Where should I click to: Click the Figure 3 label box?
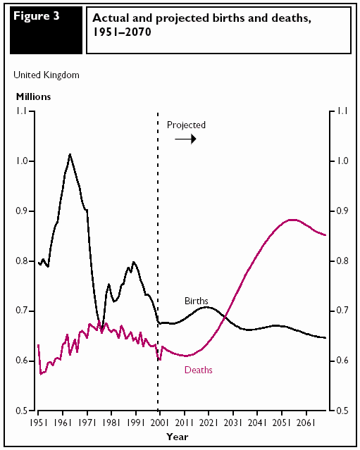[x=46, y=30]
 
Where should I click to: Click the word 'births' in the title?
[x=228, y=18]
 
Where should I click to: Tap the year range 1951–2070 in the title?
[x=122, y=32]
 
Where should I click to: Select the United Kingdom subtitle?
[x=46, y=75]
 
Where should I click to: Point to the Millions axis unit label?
[x=33, y=96]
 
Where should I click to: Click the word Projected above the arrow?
[x=186, y=125]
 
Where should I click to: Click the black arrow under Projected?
[x=185, y=139]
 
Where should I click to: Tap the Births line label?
[x=197, y=301]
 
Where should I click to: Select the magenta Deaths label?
[x=199, y=370]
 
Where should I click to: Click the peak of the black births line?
[x=70, y=154]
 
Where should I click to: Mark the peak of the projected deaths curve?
[x=292, y=220]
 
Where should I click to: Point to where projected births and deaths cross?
[x=225, y=317]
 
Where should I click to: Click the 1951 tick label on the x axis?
[x=38, y=423]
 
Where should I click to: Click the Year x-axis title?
[x=178, y=437]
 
